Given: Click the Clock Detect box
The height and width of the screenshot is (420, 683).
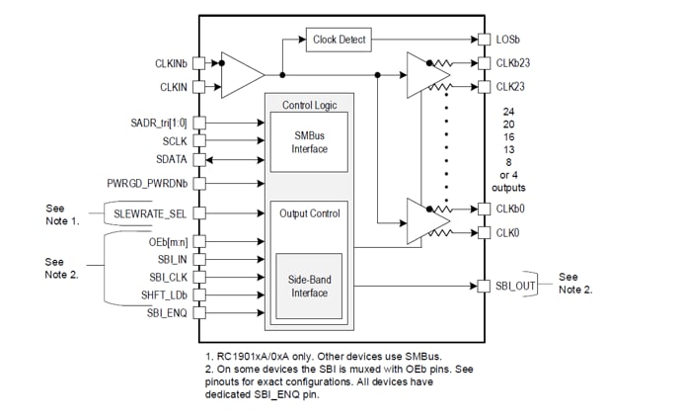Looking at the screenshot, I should point(338,40).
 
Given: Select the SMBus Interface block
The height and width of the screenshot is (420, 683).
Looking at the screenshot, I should point(309,142).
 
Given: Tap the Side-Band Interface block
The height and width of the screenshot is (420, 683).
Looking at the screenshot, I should point(309,286).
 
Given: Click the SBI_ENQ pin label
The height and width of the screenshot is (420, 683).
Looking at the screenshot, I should point(169,312).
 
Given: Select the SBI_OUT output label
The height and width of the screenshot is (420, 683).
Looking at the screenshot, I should point(516,286).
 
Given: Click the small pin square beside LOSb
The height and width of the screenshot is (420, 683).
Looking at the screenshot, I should point(484,41).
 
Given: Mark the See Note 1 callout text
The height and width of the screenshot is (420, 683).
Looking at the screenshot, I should point(62,214).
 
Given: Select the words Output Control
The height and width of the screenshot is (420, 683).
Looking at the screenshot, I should point(309,213).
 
